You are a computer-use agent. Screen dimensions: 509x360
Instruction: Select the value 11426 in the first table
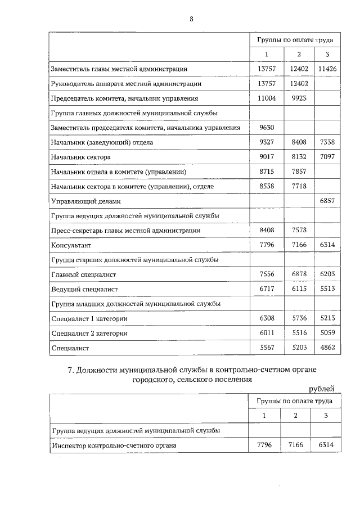click(x=327, y=69)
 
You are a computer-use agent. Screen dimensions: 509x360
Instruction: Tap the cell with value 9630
click(x=265, y=128)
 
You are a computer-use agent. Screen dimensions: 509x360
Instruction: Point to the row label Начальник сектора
click(x=80, y=157)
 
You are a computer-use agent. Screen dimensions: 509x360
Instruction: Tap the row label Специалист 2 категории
click(x=89, y=334)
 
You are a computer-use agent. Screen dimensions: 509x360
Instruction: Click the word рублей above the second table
click(x=322, y=389)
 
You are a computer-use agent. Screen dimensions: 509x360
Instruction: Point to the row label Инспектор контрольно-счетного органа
click(x=114, y=445)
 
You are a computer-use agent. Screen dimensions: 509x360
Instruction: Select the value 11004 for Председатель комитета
click(x=265, y=98)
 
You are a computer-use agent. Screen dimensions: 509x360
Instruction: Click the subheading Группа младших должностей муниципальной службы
click(x=135, y=304)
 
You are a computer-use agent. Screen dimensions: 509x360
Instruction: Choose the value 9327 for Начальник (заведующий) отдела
click(x=265, y=143)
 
